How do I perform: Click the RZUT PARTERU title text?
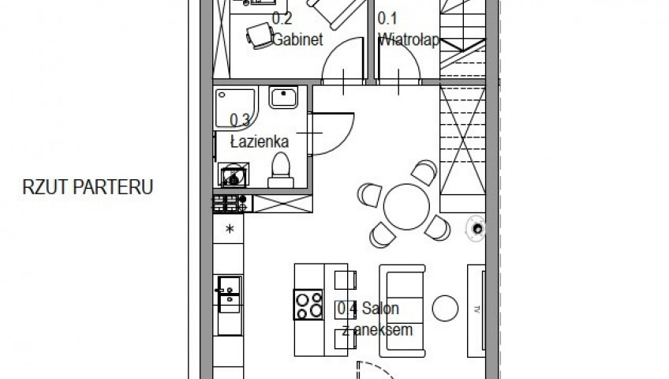[88, 187]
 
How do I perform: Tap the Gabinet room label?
[297, 39]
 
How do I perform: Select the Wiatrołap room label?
[409, 39]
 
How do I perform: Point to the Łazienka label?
[260, 141]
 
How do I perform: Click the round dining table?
[406, 207]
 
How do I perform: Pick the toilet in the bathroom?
[281, 171]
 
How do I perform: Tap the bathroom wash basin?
[283, 97]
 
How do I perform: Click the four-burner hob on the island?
[308, 304]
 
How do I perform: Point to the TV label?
[477, 310]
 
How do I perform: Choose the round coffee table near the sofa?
[445, 308]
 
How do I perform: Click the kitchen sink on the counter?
[229, 295]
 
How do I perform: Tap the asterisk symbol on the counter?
[230, 229]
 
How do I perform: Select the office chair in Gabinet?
[260, 36]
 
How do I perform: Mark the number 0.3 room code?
[240, 120]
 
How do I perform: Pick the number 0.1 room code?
[387, 18]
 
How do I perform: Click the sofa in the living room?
[402, 311]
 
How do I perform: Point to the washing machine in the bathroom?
[233, 175]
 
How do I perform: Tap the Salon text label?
[380, 308]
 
